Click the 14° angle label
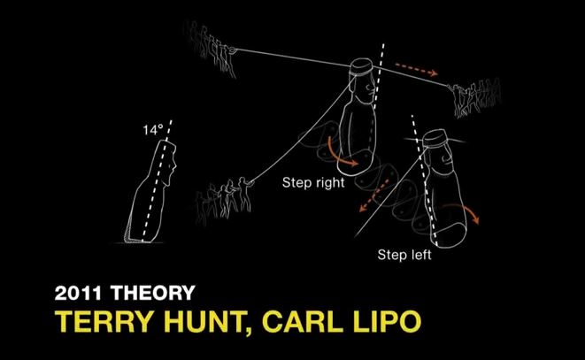pyautogui.click(x=153, y=130)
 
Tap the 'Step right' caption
pyautogui.click(x=313, y=183)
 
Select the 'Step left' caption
pyautogui.click(x=404, y=255)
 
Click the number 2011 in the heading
pyautogui.click(x=78, y=293)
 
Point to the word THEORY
pyautogui.click(x=153, y=293)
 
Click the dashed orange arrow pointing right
pyautogui.click(x=416, y=69)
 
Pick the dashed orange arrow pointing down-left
pyautogui.click(x=374, y=195)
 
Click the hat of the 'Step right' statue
pyautogui.click(x=361, y=67)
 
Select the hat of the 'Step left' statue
pyautogui.click(x=435, y=138)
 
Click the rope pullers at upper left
pyautogui.click(x=210, y=48)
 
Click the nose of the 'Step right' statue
pyautogui.click(x=371, y=88)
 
